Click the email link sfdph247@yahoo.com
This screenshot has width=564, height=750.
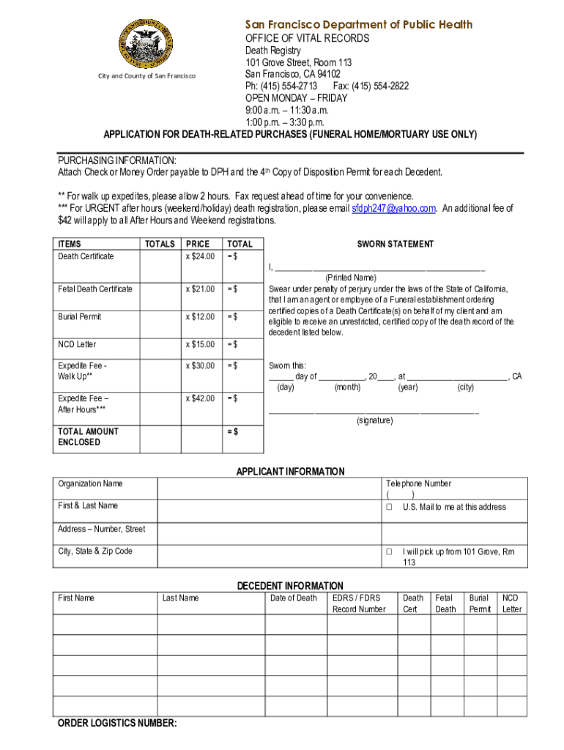point(394,208)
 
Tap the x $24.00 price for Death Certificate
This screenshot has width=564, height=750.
point(200,256)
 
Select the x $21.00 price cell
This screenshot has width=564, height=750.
point(200,289)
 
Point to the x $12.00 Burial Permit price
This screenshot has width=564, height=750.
point(200,317)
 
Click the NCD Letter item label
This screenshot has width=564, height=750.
point(77,344)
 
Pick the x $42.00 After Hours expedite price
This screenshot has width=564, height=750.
point(200,398)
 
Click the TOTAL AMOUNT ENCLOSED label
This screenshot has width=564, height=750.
point(88,437)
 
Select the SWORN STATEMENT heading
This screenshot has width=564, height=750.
point(395,244)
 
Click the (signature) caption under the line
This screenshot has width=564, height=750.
point(374,420)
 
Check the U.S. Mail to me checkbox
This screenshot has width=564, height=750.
point(390,508)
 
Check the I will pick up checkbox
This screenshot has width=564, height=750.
point(390,552)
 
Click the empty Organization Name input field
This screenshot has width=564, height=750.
point(268,489)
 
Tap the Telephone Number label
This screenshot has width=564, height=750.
point(418,483)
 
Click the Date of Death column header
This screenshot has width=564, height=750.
point(294,598)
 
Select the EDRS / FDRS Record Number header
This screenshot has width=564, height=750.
point(359,604)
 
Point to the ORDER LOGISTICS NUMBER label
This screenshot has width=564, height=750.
point(117,724)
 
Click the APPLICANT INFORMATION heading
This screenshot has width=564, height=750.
point(290,472)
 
